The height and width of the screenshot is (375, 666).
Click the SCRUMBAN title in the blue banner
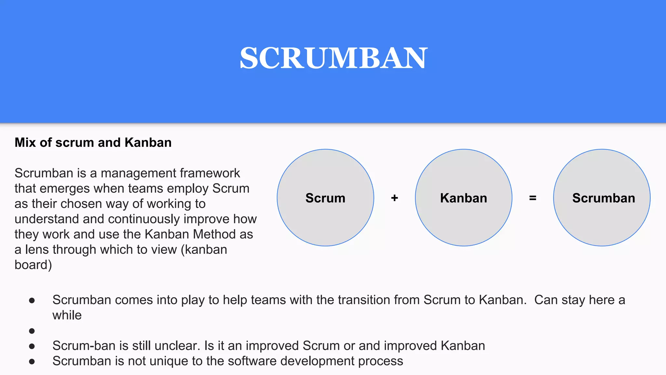click(333, 58)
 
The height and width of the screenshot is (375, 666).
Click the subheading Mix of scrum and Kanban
click(93, 143)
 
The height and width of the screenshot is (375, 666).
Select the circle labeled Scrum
click(325, 198)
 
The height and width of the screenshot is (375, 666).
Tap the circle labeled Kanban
click(463, 198)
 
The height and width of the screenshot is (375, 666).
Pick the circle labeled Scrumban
click(602, 198)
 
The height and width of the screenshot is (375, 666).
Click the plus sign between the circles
click(394, 198)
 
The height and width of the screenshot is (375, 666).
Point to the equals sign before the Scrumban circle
click(533, 198)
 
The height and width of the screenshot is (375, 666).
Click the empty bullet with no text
click(32, 331)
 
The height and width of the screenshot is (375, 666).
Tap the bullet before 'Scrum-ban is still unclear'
click(32, 346)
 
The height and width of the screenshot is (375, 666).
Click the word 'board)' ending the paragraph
click(33, 265)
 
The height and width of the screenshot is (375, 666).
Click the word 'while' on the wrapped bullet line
click(67, 315)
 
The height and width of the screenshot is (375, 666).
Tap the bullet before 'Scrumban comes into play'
click(32, 300)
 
